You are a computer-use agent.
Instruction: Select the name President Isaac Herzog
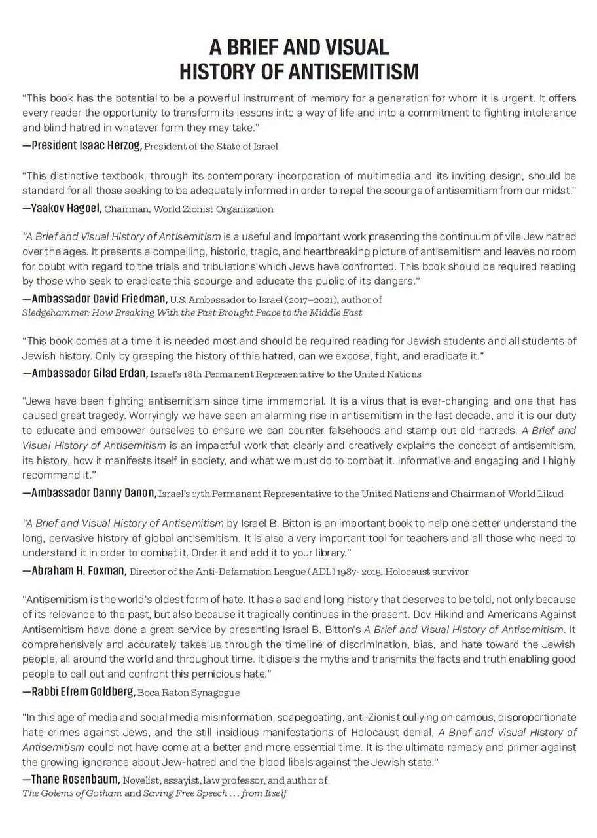(x=82, y=145)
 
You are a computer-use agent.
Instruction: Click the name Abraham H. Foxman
(x=74, y=570)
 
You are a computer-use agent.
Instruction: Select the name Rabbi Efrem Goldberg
(x=79, y=691)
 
